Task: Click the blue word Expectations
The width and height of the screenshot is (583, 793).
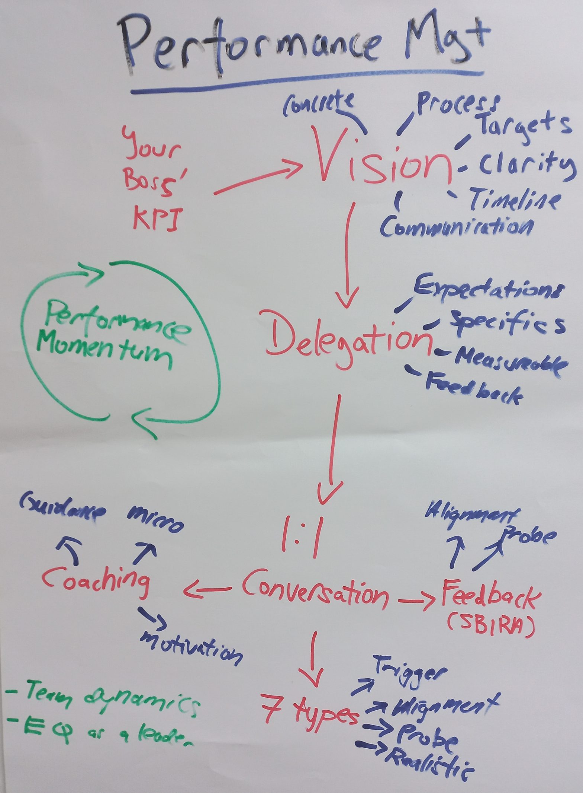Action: point(487,289)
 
